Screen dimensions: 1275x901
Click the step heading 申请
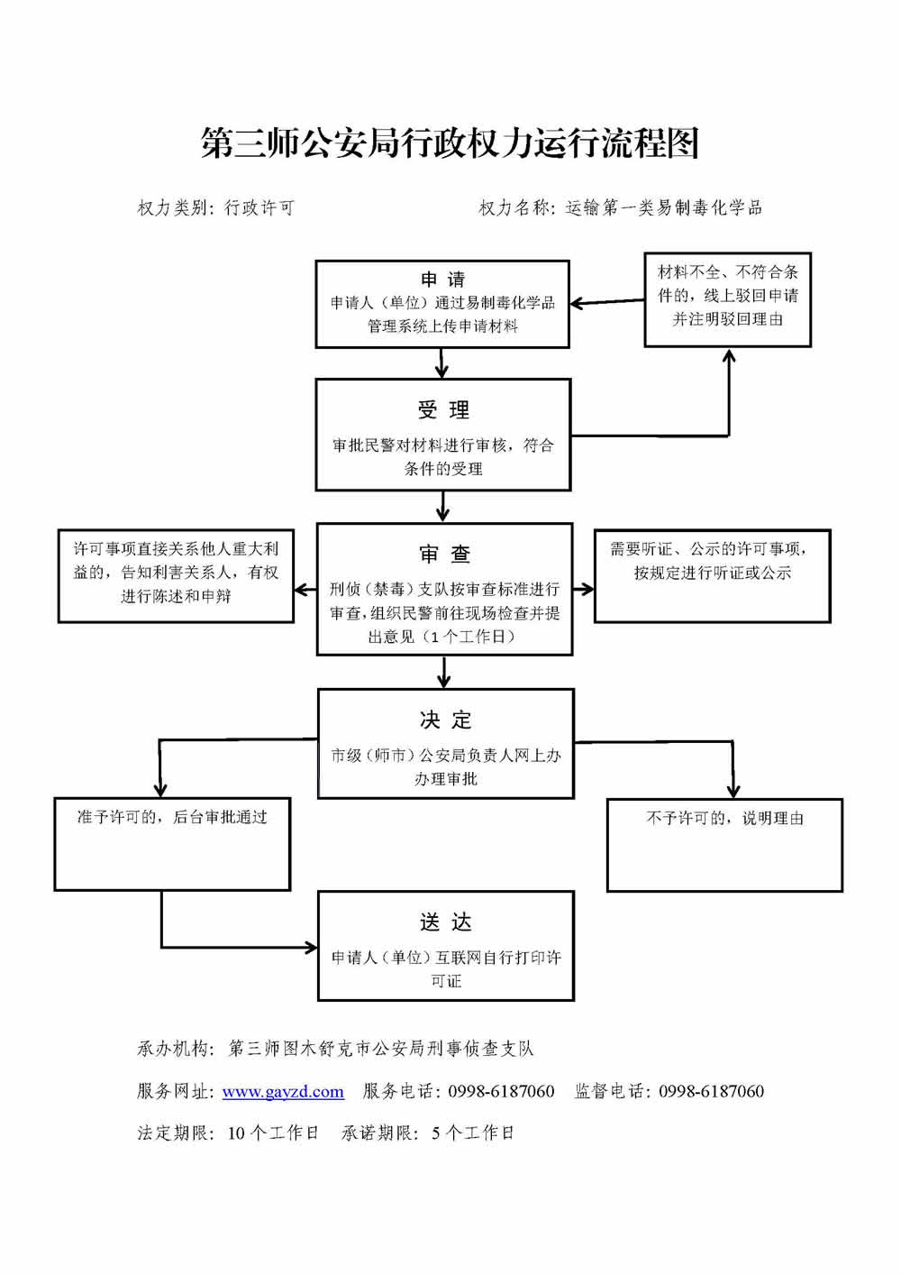442,280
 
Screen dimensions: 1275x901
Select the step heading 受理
443,411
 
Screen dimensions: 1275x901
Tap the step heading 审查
444,554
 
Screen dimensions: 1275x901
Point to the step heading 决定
445,720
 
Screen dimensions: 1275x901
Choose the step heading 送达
445,922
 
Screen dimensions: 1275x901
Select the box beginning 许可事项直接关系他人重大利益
176,573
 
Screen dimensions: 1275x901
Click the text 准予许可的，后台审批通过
172,817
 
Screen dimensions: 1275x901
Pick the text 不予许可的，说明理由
724,818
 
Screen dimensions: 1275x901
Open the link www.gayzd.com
283,1091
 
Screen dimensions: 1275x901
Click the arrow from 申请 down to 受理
441,362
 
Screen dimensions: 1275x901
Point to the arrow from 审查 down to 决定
443,672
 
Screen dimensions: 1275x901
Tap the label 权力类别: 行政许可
215,208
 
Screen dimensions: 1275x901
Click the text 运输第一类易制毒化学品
663,208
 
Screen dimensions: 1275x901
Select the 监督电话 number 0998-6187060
711,1091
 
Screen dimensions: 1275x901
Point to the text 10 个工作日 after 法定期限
273,1133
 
